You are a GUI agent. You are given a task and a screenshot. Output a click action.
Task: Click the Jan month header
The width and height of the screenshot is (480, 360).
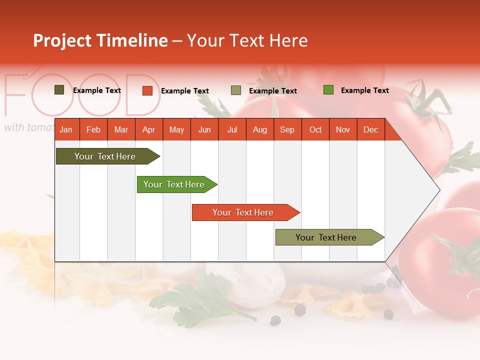coord(66,130)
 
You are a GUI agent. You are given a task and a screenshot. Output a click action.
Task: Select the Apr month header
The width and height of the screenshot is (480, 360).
coord(148,130)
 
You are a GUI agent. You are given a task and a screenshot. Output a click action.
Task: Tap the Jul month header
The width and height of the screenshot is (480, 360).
coord(232,130)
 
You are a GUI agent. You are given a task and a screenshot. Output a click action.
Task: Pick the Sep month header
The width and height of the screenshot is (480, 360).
coord(287,130)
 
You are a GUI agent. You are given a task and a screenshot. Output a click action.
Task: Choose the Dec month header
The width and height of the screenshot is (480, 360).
coord(370,130)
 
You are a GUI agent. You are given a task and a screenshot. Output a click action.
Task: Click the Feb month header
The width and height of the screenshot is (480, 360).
coord(93,130)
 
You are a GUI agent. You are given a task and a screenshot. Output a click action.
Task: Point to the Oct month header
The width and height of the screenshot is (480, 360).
coord(315,130)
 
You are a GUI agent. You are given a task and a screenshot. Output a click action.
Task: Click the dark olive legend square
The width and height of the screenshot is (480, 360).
coord(59,90)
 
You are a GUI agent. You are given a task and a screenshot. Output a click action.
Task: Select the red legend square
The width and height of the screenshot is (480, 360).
coord(147,90)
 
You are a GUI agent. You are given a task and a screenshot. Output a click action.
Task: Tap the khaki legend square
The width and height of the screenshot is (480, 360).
coord(236,90)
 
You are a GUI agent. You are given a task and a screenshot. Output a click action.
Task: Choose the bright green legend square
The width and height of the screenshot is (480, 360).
coord(328,90)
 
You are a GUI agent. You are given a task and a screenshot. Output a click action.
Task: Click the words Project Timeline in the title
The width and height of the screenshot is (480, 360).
coord(100,40)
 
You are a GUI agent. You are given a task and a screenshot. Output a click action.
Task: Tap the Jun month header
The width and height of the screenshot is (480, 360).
coord(204,130)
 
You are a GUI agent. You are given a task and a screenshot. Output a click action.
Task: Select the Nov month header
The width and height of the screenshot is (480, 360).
coord(343,130)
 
